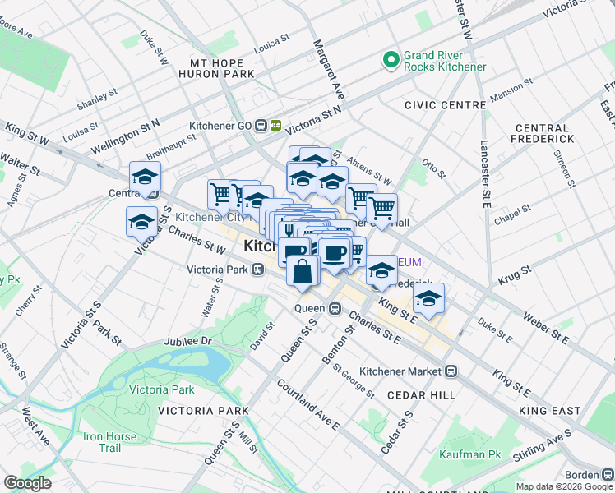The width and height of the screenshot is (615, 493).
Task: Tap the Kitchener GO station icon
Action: point(268,125)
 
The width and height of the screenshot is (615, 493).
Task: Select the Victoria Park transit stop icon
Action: point(257,269)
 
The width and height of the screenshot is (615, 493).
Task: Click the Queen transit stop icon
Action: point(335,308)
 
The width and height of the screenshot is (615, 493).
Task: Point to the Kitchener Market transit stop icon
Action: point(451,371)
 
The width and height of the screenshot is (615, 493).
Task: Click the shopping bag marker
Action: point(303,270)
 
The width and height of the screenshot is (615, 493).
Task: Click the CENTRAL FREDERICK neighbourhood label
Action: point(542,136)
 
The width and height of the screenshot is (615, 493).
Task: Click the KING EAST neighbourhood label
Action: point(550,410)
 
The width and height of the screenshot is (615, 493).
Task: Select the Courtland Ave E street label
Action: point(307,404)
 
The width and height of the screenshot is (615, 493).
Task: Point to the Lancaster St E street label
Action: point(486,165)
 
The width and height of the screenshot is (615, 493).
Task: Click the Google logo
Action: point(27,483)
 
